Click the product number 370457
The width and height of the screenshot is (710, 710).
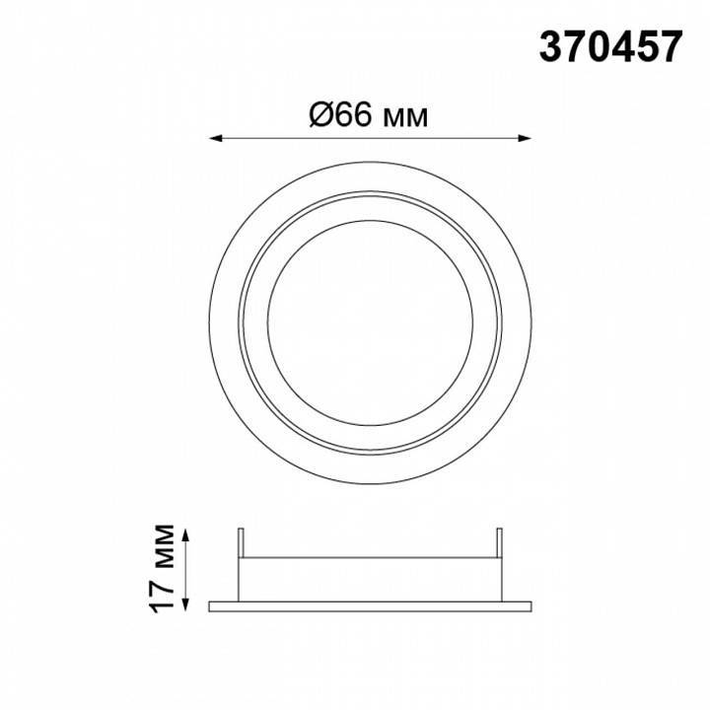coord(610,47)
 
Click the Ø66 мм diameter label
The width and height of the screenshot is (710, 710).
coord(369,114)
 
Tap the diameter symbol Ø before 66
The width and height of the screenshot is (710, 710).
coord(321,114)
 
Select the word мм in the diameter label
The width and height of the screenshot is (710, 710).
coord(405,118)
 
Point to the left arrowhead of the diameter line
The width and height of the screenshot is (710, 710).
coord(215,138)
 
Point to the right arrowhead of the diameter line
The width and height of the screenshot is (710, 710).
coord(525,138)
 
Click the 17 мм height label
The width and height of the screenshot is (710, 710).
coord(163,569)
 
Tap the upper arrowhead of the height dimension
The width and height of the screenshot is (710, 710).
coord(184,534)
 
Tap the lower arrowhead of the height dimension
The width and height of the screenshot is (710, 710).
coord(184,604)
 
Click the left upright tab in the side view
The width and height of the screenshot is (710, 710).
coord(241,542)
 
